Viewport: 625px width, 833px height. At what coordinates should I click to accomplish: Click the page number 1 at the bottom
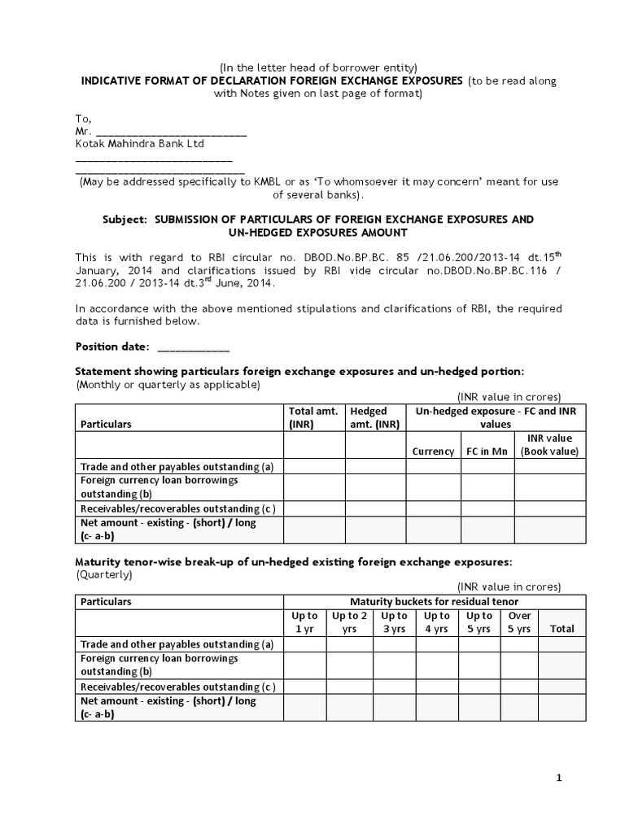tap(559, 778)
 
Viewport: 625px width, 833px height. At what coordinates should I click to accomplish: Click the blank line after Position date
tap(193, 347)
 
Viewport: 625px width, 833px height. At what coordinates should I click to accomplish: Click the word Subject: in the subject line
tap(125, 220)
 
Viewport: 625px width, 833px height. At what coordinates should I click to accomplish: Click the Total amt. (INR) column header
tap(313, 417)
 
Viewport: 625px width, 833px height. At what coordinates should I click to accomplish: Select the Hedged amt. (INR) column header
tap(374, 417)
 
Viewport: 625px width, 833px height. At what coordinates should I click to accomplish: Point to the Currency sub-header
tap(433, 451)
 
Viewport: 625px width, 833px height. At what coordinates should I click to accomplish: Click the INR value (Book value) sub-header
tap(549, 445)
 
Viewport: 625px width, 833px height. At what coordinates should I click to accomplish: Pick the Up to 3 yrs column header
tap(394, 622)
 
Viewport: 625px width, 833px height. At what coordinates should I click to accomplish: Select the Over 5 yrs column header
tap(519, 622)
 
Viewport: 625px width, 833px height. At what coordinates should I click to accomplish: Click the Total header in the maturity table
tap(562, 629)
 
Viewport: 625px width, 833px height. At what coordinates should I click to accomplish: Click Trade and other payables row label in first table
tap(176, 466)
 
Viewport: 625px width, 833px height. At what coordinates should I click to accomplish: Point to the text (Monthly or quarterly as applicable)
tap(168, 384)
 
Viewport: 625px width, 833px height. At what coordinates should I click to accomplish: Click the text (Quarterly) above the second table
tap(104, 574)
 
